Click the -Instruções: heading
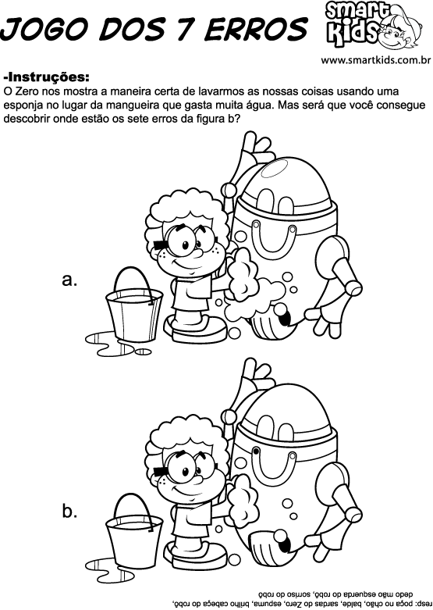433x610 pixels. (46, 77)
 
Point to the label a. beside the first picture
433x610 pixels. (69, 280)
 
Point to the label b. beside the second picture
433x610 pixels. (69, 512)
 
